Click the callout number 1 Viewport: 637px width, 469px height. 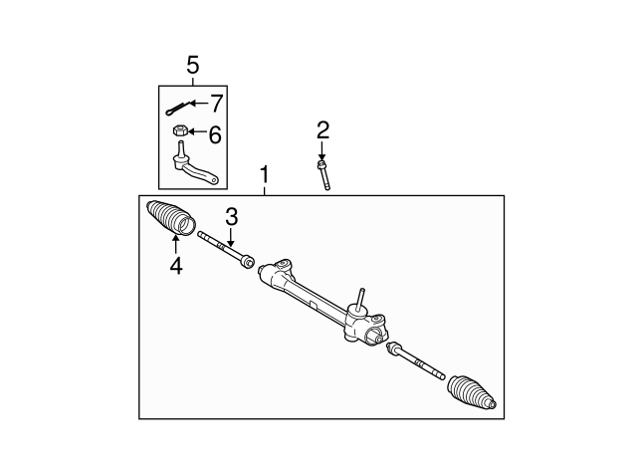(265, 175)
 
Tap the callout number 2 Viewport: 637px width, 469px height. (322, 129)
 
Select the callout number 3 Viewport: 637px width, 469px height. (231, 216)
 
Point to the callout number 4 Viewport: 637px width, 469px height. (176, 266)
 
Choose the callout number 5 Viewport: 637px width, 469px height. (193, 66)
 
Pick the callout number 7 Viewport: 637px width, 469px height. (216, 103)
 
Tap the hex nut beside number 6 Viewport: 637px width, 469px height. (179, 130)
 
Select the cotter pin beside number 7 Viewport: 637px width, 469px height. (179, 107)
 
